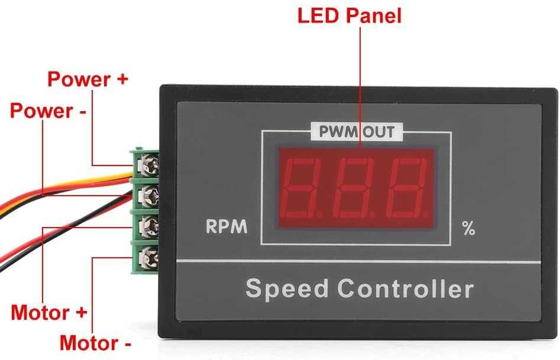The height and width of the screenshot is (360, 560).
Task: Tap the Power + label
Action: [x=88, y=79]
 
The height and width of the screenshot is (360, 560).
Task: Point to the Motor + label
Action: [x=49, y=312]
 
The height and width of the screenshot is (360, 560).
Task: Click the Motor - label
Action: [x=95, y=342]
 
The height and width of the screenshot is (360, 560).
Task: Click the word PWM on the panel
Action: [x=337, y=132]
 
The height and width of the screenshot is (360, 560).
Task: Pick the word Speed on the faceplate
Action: [x=286, y=290]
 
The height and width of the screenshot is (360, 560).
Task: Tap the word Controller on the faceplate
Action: [x=406, y=290]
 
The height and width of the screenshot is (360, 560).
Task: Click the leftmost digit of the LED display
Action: [x=306, y=187]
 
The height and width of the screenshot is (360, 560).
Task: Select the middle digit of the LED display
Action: [x=356, y=187]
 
